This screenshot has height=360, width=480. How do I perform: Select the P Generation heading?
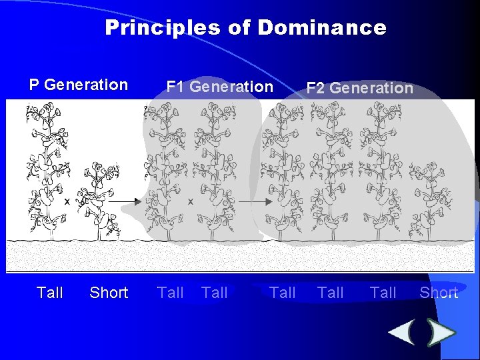pos(78,85)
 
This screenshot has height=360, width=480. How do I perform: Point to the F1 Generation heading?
pos(219,87)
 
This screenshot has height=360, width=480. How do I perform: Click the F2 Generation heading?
pos(359,88)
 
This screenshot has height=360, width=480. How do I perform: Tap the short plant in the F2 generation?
pos(430,200)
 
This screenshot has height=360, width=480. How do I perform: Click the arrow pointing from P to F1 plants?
pos(123,201)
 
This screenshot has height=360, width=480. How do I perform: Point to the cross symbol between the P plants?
pos(67,201)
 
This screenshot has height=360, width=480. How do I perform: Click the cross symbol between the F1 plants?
pos(191,201)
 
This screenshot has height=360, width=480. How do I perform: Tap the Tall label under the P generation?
pos(50,293)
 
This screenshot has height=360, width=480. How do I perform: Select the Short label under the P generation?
pos(109,293)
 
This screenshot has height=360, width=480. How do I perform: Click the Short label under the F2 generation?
pos(439,293)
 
